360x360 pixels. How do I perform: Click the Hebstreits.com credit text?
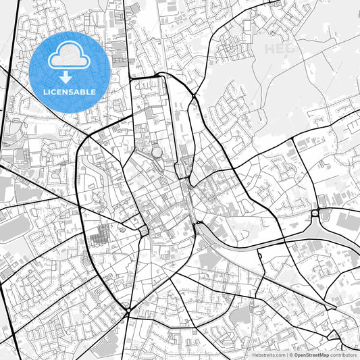[269, 354]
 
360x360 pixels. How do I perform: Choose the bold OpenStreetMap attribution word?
[309, 354]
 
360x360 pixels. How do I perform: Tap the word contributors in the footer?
[342, 354]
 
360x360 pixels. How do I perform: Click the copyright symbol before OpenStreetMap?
[291, 354]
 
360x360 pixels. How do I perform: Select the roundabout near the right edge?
[315, 214]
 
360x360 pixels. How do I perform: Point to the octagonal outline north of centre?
[157, 153]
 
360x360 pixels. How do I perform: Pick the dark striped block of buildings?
[99, 236]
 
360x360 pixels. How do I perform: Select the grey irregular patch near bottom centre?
[240, 315]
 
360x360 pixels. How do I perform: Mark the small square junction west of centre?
[144, 232]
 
